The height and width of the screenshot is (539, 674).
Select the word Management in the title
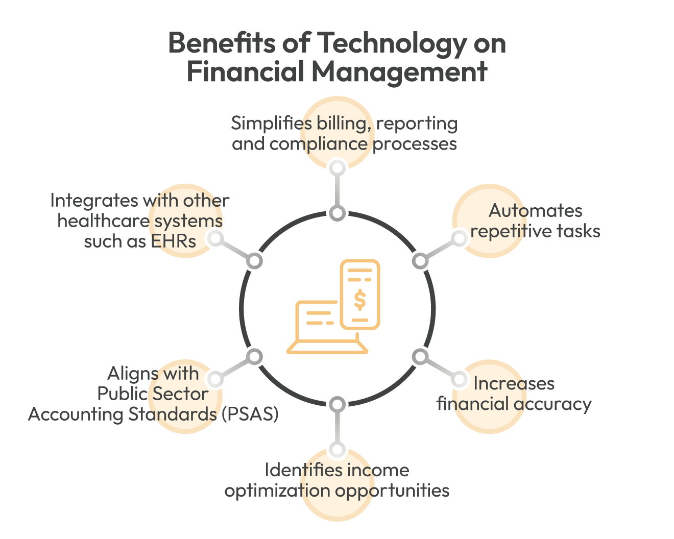click(x=399, y=72)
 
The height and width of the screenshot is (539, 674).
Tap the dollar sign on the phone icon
click(x=360, y=300)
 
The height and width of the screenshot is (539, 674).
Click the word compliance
click(x=318, y=144)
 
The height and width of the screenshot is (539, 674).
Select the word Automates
click(x=536, y=211)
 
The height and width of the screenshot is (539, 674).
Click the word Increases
click(x=514, y=383)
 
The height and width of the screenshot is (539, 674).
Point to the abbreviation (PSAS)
click(x=250, y=414)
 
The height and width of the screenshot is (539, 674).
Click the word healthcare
click(x=103, y=221)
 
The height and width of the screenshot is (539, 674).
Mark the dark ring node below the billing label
click(x=337, y=213)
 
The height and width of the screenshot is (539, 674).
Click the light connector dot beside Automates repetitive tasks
click(x=459, y=238)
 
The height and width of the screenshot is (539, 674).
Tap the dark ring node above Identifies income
click(x=337, y=405)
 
